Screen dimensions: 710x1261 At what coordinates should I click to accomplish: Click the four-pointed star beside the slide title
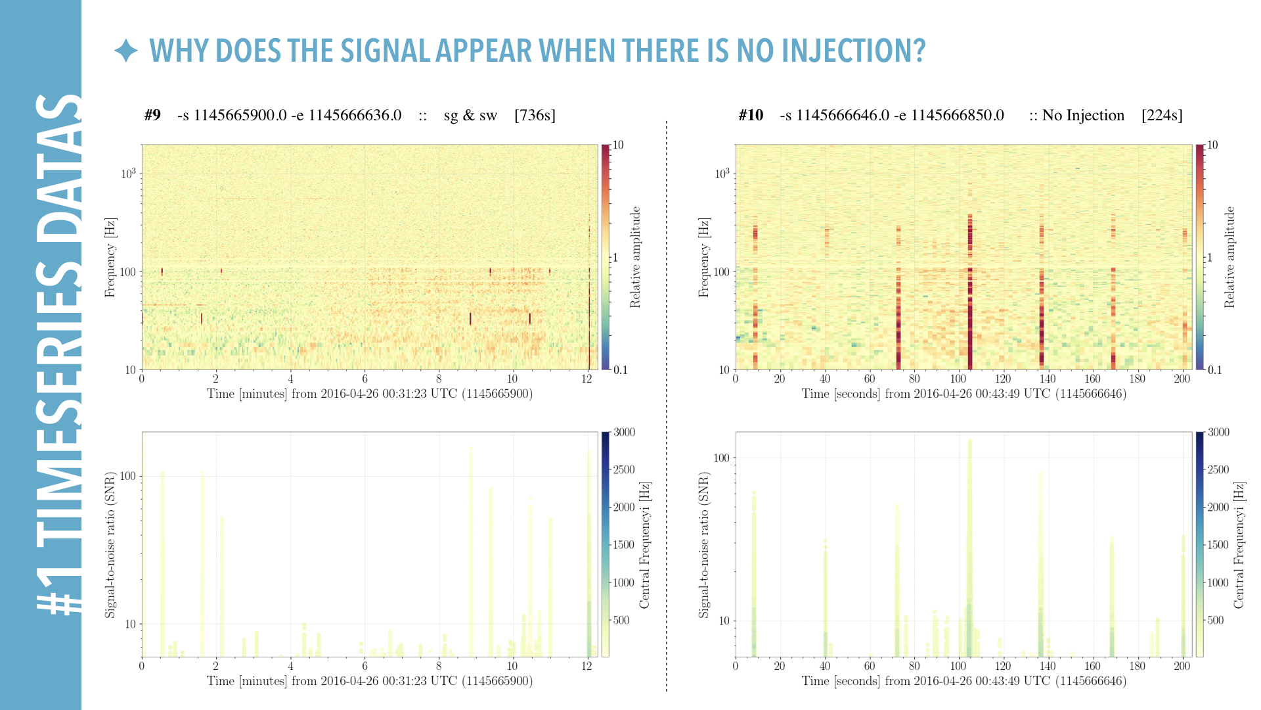125,51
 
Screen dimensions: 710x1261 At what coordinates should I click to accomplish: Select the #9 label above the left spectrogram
152,116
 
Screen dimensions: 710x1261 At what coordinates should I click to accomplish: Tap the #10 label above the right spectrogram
751,116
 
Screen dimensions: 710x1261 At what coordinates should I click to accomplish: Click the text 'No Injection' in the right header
1083,116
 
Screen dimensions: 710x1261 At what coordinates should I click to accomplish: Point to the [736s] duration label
535,116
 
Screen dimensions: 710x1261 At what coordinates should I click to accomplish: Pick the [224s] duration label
1162,116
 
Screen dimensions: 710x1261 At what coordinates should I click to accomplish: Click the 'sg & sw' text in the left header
470,116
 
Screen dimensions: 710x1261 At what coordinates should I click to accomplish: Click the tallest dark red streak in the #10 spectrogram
970,293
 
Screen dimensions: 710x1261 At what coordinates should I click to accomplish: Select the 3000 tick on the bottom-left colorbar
624,433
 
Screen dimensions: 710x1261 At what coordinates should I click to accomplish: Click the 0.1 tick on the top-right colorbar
1215,370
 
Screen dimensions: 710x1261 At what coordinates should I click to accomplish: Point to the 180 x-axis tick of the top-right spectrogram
1137,379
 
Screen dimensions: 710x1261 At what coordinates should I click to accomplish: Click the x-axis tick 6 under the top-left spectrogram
365,379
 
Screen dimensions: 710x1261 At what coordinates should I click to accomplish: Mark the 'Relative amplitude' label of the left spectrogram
635,257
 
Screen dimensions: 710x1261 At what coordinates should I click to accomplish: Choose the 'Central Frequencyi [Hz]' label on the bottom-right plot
1239,545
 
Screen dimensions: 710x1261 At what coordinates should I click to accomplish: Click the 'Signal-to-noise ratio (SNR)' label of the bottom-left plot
110,544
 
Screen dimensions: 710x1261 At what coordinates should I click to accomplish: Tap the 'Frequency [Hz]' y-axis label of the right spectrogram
704,257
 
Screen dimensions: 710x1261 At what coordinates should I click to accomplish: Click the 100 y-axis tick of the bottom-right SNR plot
722,458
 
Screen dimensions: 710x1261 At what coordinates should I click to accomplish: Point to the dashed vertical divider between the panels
667,408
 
